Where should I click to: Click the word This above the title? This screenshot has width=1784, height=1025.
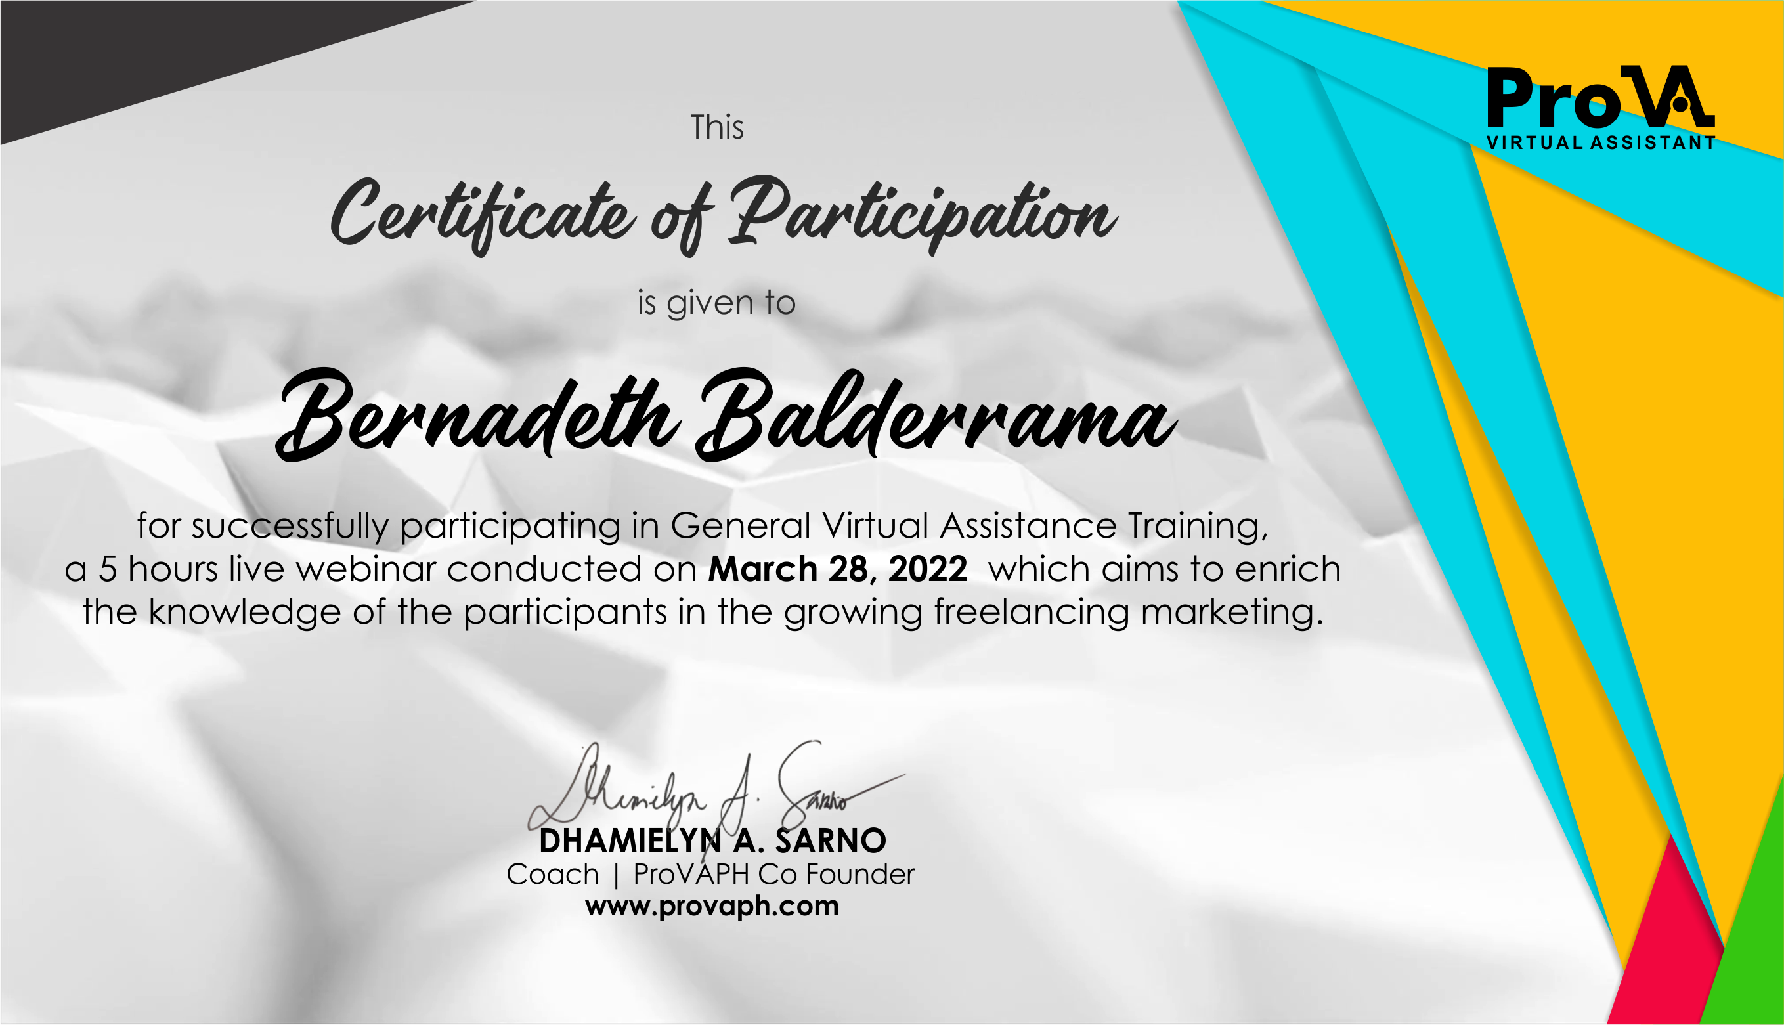[716, 127]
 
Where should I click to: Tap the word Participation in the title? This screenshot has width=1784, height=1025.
[923, 213]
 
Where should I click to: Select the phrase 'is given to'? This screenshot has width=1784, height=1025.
[716, 303]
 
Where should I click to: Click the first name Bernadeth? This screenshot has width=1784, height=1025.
[479, 416]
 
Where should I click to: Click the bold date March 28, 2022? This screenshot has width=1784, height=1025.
[837, 569]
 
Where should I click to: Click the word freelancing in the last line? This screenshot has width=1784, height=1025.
[1032, 612]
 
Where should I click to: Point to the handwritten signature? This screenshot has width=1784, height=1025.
[716, 795]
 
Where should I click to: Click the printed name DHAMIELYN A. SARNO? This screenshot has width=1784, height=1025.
[712, 840]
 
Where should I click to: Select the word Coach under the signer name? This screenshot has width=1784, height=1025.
[552, 875]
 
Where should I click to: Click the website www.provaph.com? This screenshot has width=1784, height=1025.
[712, 907]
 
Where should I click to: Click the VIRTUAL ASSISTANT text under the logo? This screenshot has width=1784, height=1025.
[1600, 143]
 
